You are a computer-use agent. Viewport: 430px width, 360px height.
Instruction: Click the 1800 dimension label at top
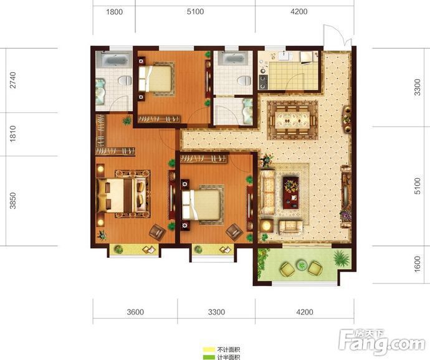point(115,12)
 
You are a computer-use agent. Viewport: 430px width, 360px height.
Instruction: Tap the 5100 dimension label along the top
point(195,12)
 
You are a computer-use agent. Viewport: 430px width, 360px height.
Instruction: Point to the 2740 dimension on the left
point(13,80)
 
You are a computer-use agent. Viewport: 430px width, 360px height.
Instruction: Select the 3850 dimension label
point(13,201)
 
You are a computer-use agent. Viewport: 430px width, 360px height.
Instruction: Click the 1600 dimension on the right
point(417,264)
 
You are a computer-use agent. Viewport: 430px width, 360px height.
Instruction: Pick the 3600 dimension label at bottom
point(135,312)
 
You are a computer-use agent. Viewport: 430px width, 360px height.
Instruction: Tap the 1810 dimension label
point(13,134)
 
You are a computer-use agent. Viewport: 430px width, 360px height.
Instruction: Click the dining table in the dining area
point(292,120)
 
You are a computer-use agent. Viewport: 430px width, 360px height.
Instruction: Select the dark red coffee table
point(291,192)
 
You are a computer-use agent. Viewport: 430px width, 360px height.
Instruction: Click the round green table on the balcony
point(302,265)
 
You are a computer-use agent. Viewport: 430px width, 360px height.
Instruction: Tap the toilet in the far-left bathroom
point(125,80)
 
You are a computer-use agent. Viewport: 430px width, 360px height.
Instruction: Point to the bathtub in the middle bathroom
point(233,59)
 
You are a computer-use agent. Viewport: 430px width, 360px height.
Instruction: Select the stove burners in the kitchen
point(263,82)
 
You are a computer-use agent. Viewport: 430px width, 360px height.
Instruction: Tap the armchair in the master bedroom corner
point(157,232)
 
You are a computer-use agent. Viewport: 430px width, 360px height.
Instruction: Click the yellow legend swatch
point(209,349)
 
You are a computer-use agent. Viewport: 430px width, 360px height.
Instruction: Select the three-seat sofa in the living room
point(267,192)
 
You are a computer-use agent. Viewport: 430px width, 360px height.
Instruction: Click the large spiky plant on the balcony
point(342,258)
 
